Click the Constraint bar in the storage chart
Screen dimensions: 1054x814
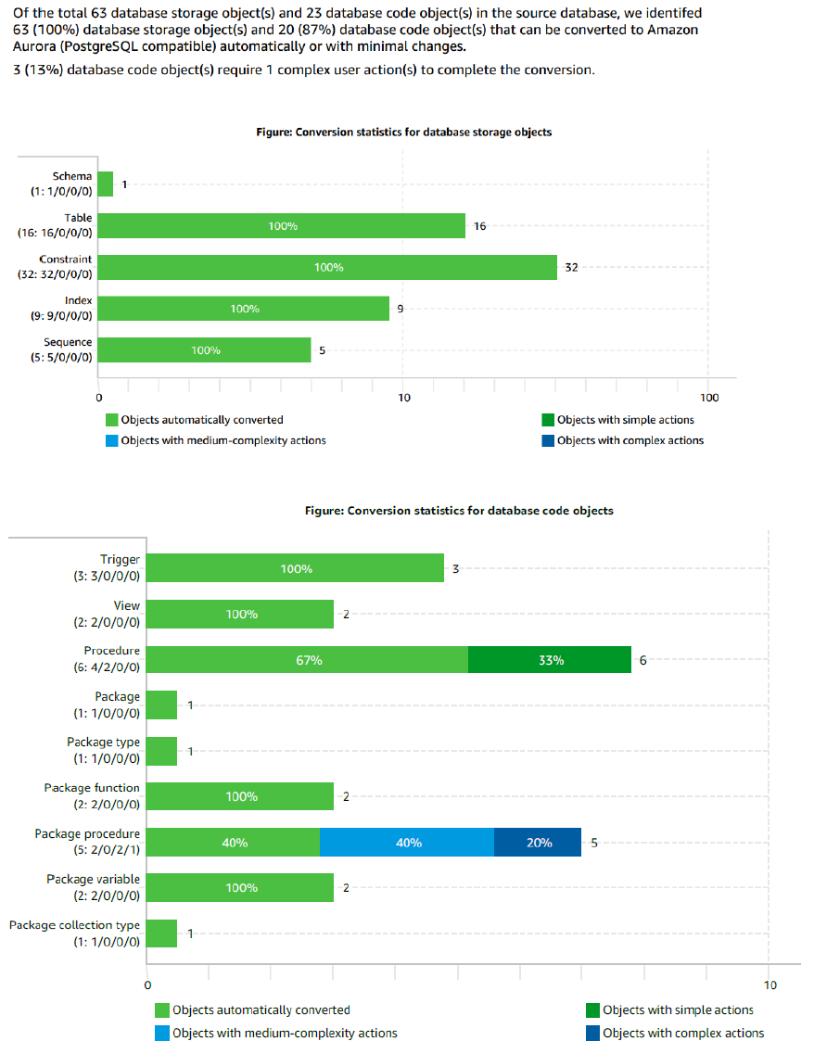pos(327,267)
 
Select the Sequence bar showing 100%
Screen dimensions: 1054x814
pos(204,350)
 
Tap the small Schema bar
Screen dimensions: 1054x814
pos(105,184)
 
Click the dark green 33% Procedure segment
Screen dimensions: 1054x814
pos(549,660)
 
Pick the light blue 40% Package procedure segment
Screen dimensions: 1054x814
pos(407,843)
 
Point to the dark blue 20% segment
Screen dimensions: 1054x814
pos(538,843)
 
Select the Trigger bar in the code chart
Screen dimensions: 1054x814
pos(296,568)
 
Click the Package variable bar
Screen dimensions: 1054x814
pos(240,887)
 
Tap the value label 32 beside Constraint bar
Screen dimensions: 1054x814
pos(572,267)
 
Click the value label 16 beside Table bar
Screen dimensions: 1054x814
pos(479,225)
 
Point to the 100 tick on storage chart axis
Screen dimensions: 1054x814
pos(707,398)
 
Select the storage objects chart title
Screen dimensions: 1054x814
pos(403,133)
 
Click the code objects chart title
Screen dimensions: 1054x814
pos(459,511)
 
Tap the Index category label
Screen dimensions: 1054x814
pos(78,300)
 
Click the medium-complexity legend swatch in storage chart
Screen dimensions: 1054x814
pos(112,440)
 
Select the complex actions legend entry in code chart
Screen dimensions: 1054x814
pos(683,1033)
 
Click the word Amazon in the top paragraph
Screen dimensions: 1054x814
pos(677,31)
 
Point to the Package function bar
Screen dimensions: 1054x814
pos(240,796)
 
